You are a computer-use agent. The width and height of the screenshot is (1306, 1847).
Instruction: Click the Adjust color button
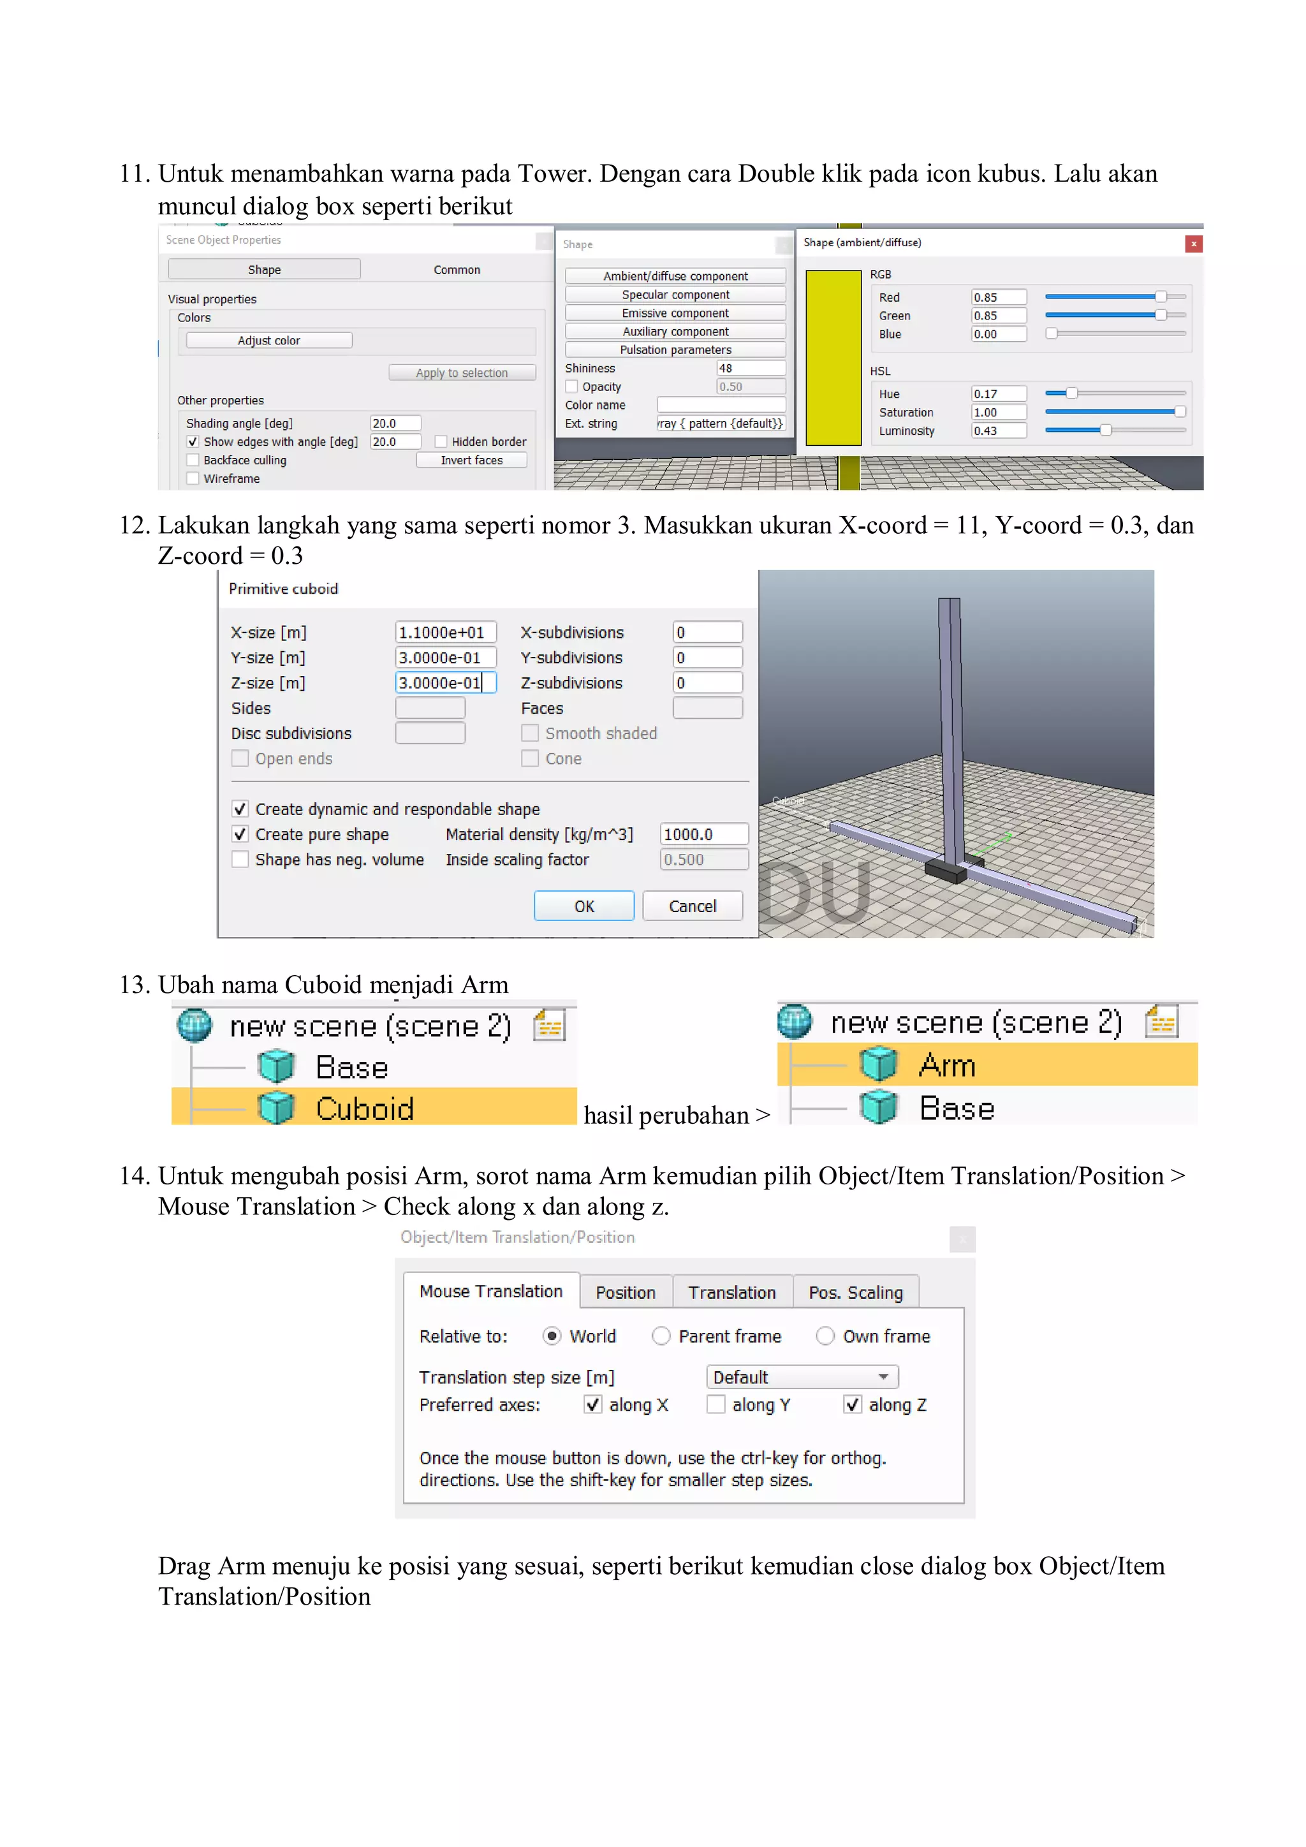click(x=268, y=341)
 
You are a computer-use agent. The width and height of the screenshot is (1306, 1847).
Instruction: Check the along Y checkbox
click(x=715, y=1404)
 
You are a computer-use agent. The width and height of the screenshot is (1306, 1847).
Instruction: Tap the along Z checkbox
click(x=853, y=1404)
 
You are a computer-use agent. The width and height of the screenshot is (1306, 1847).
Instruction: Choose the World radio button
click(x=552, y=1336)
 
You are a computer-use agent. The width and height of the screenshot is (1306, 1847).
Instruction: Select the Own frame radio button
click(x=825, y=1336)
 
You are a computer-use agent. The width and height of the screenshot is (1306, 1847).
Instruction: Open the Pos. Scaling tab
click(x=855, y=1293)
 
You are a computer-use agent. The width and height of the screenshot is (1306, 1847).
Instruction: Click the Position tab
click(x=625, y=1293)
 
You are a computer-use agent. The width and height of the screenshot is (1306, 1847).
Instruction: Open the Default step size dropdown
click(x=802, y=1377)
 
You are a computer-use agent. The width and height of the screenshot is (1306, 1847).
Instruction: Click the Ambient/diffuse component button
click(x=675, y=276)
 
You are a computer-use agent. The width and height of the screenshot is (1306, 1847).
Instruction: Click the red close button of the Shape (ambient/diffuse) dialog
click(x=1193, y=244)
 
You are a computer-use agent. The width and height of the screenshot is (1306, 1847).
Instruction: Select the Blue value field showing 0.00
click(x=998, y=334)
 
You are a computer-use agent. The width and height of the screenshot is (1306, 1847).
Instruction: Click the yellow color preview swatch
click(x=833, y=358)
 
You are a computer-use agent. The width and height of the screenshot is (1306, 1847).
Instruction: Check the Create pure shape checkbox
click(x=240, y=834)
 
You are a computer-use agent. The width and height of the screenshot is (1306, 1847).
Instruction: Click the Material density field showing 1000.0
click(x=703, y=834)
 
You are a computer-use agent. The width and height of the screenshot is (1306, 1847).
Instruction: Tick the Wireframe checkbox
click(x=193, y=478)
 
